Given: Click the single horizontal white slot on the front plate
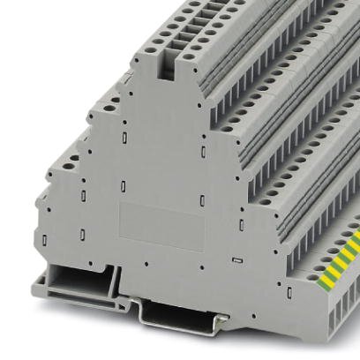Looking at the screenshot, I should pyautogui.click(x=236, y=263).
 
